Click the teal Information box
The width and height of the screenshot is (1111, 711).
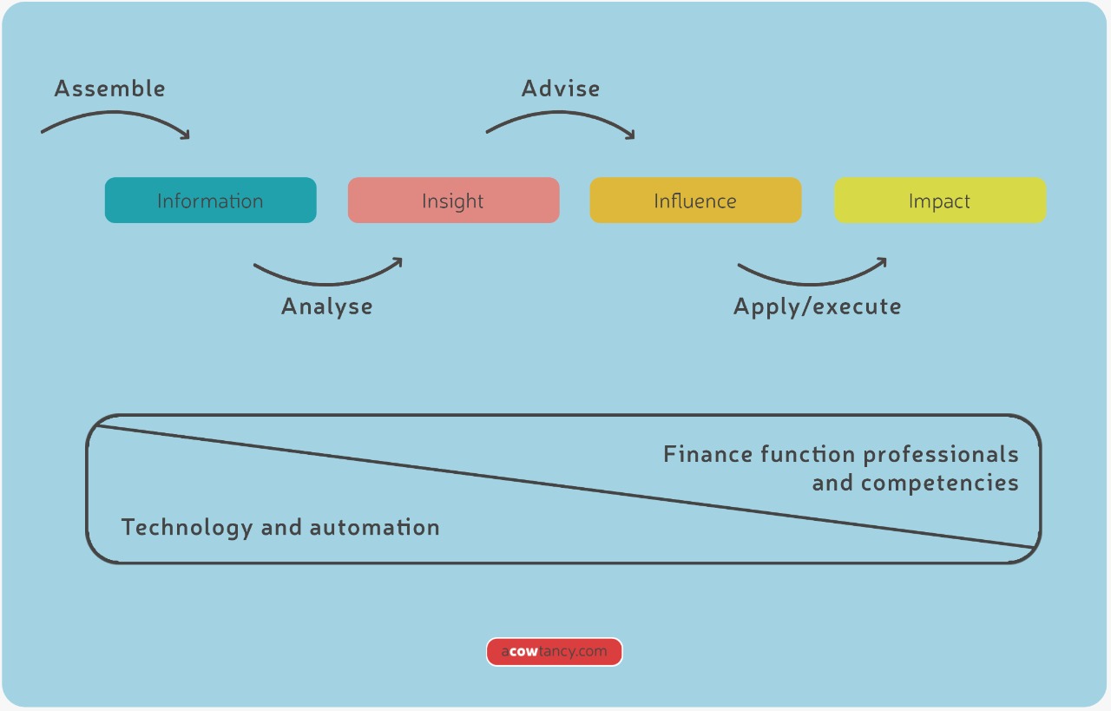pos(210,201)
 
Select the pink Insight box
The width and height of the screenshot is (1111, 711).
pos(453,201)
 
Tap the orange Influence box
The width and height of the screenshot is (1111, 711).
pos(695,201)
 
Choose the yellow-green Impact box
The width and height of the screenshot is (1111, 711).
pos(940,201)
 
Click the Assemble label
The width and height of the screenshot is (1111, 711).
pos(109,89)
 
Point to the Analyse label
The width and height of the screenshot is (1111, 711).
pos(327,306)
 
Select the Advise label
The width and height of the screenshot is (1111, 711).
pos(560,89)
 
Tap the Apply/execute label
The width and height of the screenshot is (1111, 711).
pos(817,306)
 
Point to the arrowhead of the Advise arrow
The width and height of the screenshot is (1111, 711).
pos(630,135)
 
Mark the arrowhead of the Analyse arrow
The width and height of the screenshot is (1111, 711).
pos(398,260)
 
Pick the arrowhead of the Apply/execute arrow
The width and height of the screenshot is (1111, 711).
pos(882,260)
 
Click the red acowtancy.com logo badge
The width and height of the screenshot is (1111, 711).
pos(555,652)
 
